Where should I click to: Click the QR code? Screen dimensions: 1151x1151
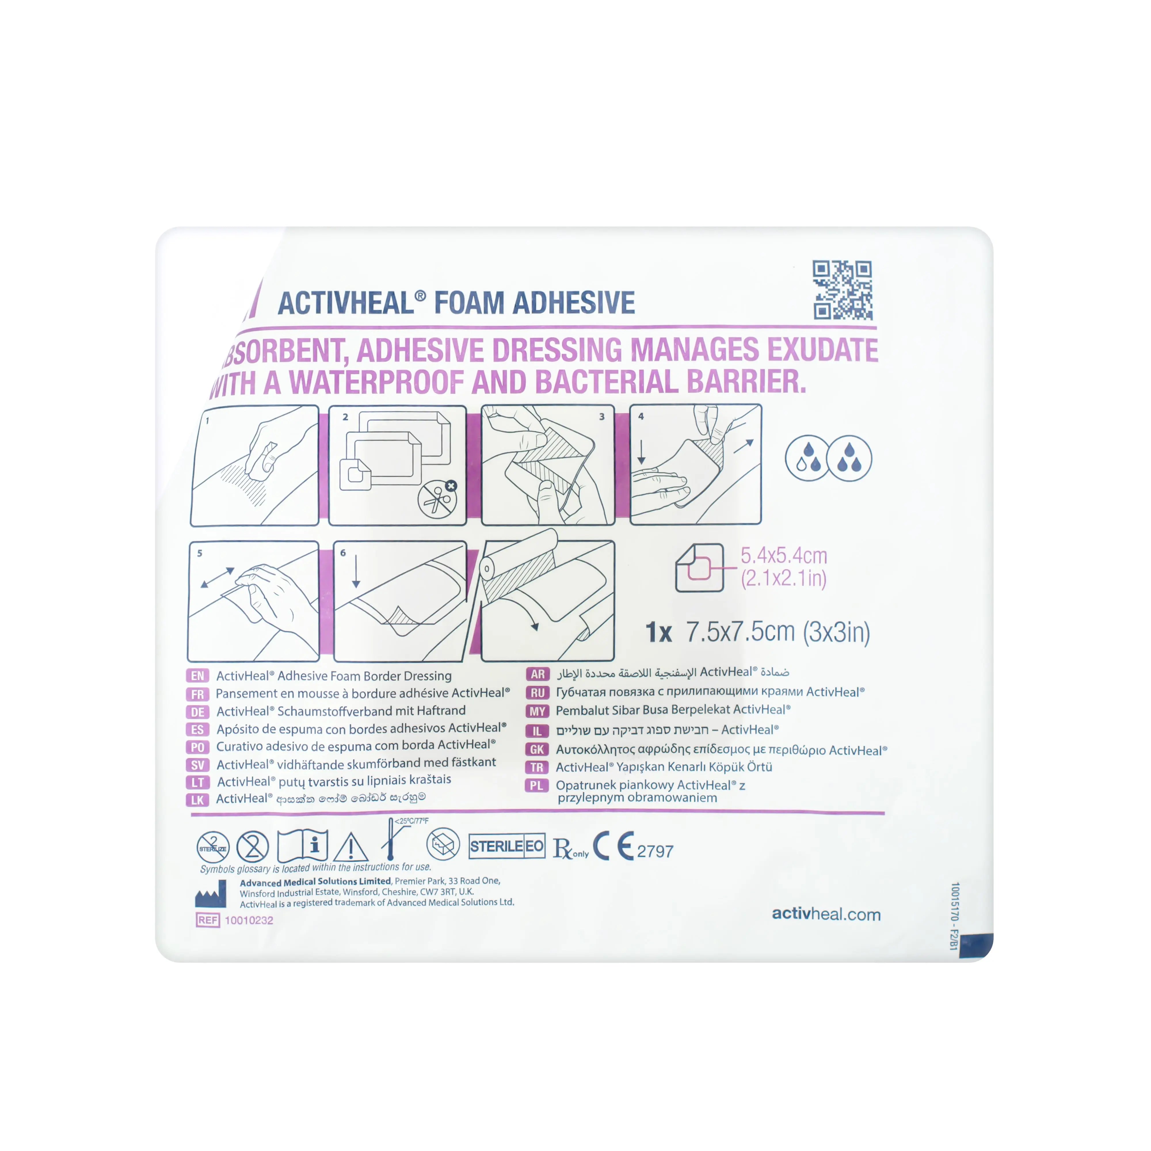tap(843, 290)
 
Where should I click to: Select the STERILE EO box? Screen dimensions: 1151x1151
tap(506, 846)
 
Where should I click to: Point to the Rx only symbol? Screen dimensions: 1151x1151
tap(569, 848)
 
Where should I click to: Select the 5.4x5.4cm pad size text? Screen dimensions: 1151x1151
tap(784, 556)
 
